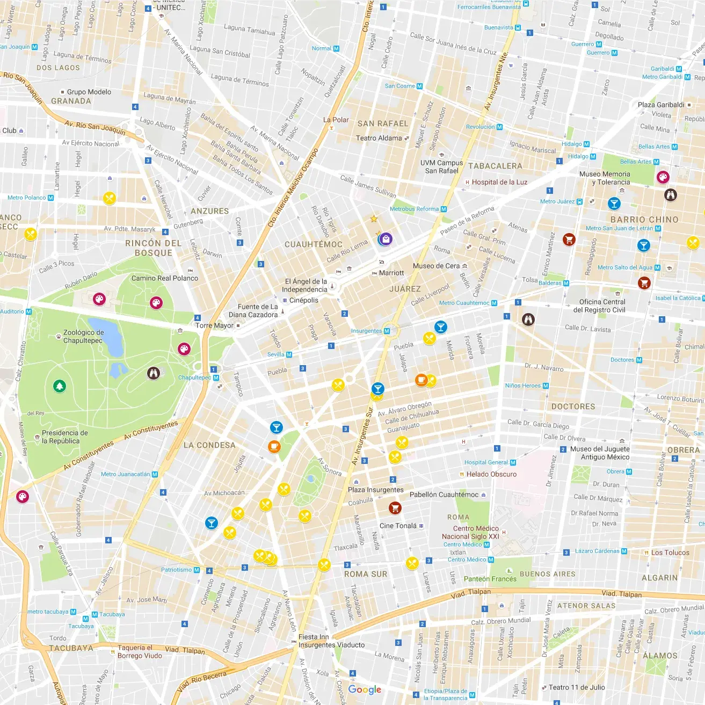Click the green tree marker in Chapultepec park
click(60, 386)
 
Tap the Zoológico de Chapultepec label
click(83, 336)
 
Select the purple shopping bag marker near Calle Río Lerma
click(386, 239)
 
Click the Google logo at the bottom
click(365, 689)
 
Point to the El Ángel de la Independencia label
click(306, 285)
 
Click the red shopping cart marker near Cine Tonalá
click(395, 507)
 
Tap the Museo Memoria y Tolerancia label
click(605, 178)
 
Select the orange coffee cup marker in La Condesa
click(274, 446)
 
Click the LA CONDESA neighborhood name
click(209, 445)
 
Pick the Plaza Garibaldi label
click(661, 105)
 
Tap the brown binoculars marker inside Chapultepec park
click(154, 373)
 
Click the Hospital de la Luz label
click(499, 182)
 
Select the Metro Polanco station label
click(27, 198)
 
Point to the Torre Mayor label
click(215, 325)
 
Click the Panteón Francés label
click(490, 579)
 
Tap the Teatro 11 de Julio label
click(577, 687)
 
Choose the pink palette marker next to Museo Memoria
click(663, 177)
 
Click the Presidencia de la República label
click(64, 437)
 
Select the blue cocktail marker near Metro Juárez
click(614, 203)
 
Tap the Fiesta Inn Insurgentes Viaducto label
click(331, 641)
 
